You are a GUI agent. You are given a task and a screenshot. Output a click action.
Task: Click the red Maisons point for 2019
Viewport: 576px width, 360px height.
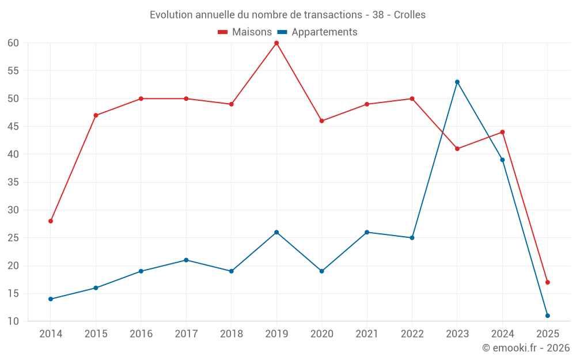(276, 43)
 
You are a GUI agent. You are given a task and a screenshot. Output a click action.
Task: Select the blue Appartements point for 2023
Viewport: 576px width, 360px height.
(457, 82)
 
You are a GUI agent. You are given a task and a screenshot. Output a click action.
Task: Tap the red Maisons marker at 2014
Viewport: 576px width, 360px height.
(51, 221)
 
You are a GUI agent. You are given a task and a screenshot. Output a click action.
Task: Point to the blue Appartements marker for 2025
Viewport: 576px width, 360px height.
(548, 316)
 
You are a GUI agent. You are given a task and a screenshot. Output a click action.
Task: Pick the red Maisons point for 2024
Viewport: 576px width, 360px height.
(502, 132)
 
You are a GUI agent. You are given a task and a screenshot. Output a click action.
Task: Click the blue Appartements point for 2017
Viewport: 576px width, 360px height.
(186, 260)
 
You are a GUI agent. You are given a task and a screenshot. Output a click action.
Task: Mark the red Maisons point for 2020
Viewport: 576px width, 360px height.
(322, 121)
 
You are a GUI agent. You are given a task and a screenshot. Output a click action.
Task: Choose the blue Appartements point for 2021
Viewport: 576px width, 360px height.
(367, 232)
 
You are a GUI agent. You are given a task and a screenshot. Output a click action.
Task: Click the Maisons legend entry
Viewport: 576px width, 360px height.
(245, 32)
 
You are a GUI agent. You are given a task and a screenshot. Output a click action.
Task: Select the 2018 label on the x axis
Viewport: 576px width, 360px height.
(231, 334)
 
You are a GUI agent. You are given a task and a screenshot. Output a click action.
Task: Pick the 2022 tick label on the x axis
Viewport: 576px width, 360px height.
(412, 334)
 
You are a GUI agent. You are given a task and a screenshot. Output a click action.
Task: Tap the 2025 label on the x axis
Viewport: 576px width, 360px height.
(548, 334)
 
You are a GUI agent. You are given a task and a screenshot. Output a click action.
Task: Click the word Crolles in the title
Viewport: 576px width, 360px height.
(410, 15)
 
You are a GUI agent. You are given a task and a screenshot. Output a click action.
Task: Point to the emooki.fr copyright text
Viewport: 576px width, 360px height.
(526, 348)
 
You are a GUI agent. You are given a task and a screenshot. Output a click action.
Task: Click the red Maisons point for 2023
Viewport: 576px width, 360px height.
(457, 149)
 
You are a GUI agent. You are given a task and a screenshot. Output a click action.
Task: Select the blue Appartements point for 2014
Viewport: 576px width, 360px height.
(51, 299)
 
